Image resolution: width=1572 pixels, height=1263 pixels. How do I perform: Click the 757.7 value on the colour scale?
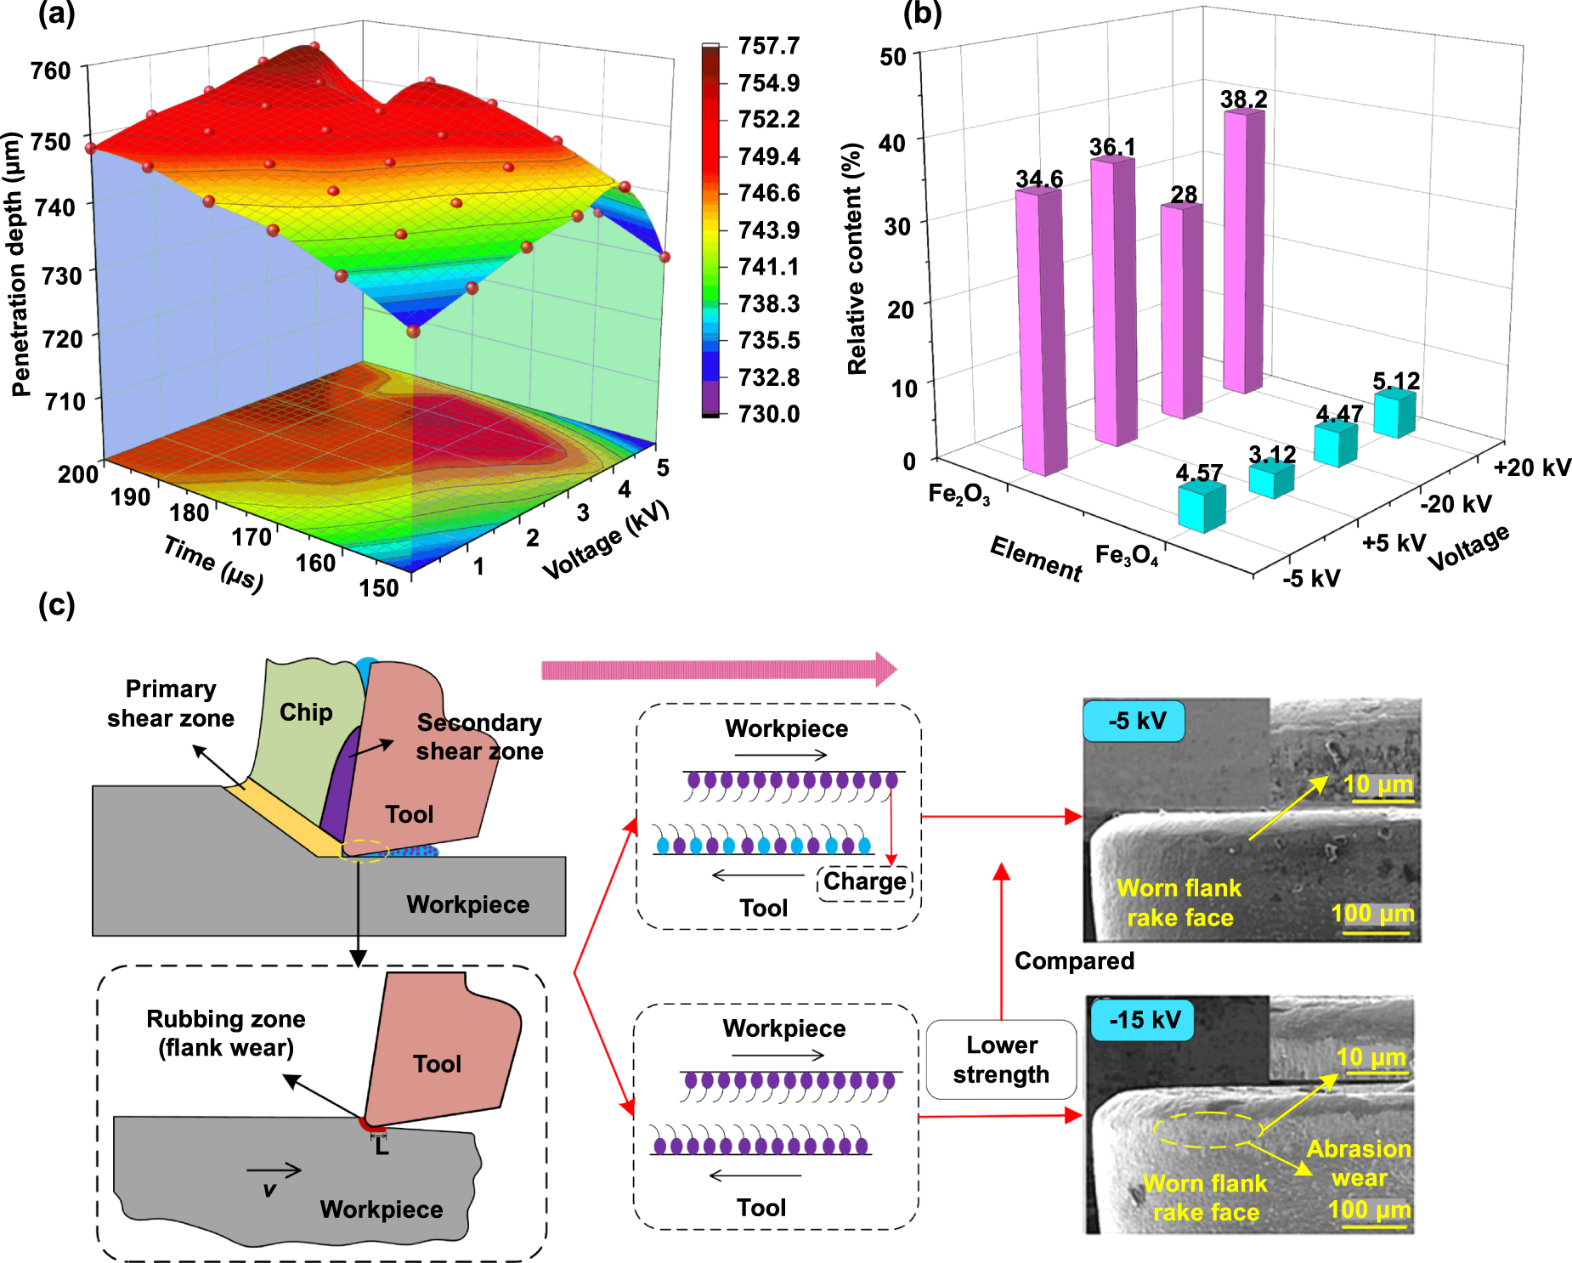coord(768,46)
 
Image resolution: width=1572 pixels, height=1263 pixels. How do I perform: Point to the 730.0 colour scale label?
coord(768,414)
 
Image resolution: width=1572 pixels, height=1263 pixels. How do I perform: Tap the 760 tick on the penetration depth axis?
coord(51,71)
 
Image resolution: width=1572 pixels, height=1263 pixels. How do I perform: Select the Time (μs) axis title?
coord(213,564)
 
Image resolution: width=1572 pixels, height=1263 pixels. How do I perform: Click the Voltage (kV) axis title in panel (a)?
coord(606,541)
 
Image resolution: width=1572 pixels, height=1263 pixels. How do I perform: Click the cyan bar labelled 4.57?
coord(1201,507)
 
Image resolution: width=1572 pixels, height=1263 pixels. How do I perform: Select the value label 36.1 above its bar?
coord(1112,147)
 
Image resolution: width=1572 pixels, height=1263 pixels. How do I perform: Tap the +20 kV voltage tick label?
coord(1532,467)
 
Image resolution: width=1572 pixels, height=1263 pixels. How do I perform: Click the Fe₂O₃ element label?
coord(958,494)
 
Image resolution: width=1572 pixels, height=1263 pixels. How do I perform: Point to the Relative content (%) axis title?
coord(857,258)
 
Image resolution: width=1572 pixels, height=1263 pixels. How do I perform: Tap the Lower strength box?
coord(1001,1060)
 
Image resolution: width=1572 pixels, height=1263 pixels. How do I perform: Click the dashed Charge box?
coord(864,882)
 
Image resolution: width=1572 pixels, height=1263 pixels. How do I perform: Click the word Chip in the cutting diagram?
coord(306,712)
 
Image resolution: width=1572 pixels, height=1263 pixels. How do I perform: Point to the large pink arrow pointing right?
coord(718,670)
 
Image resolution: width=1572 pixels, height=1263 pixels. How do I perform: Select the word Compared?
coord(1074,961)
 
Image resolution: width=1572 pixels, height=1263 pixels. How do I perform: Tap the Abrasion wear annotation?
coord(1359,1164)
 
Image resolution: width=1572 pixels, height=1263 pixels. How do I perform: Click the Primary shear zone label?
coord(171,703)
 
